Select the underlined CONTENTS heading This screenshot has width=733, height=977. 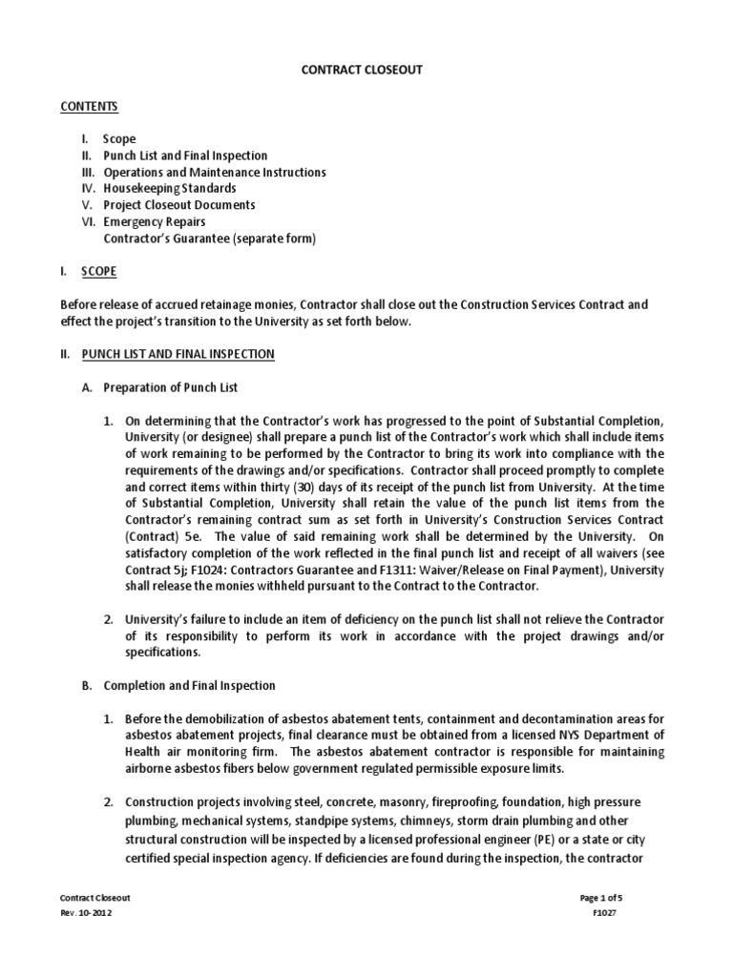pyautogui.click(x=89, y=106)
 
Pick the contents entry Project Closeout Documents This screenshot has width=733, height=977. pyautogui.click(x=178, y=205)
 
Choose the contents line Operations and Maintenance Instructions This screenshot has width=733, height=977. pyautogui.click(x=214, y=173)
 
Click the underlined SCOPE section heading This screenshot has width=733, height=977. pyautogui.click(x=98, y=272)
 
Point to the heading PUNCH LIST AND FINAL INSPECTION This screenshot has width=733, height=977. pyautogui.click(x=178, y=355)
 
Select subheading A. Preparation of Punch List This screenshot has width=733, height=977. pyautogui.click(x=171, y=388)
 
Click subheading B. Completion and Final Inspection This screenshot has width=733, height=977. pyautogui.click(x=189, y=685)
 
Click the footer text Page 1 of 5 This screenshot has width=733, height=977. pyautogui.click(x=600, y=898)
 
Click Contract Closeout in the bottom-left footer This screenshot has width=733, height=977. pyautogui.click(x=94, y=898)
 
